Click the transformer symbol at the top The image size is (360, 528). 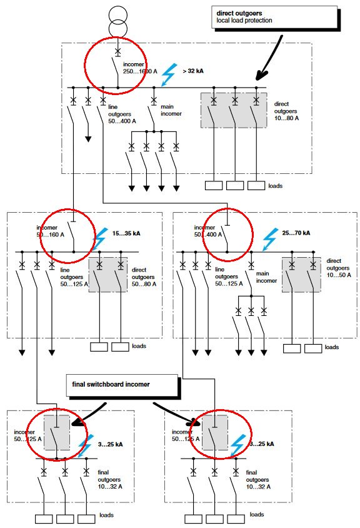pyautogui.click(x=117, y=23)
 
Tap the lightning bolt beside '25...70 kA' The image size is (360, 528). pyautogui.click(x=270, y=238)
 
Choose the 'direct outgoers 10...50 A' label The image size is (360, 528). pyautogui.click(x=341, y=268)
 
